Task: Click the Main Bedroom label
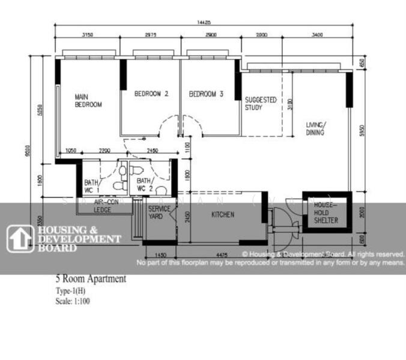pyautogui.click(x=88, y=100)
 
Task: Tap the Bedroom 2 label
pyautogui.click(x=151, y=94)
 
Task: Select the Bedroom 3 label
pyautogui.click(x=206, y=94)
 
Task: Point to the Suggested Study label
pyautogui.click(x=261, y=104)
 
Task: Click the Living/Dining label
pyautogui.click(x=315, y=128)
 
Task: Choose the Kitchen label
pyautogui.click(x=222, y=214)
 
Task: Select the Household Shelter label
pyautogui.click(x=326, y=213)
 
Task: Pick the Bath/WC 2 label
pyautogui.click(x=145, y=184)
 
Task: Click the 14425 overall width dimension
pyautogui.click(x=204, y=23)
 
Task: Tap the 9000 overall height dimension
pyautogui.click(x=28, y=152)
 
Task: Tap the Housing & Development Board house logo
pyautogui.click(x=20, y=238)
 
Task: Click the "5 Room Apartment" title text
pyautogui.click(x=90, y=279)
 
